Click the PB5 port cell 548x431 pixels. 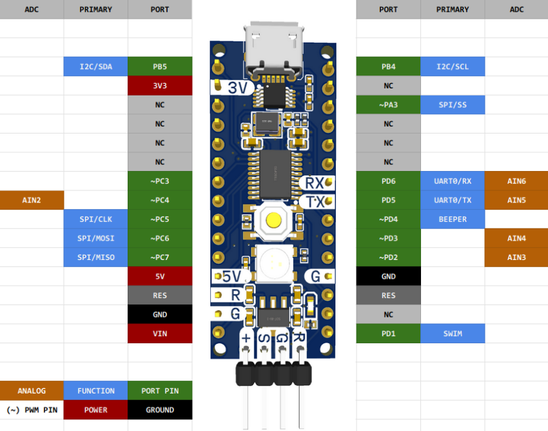(160, 66)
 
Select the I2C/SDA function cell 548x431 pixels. (95, 66)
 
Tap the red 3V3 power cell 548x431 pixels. (160, 85)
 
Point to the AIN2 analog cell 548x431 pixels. (32, 200)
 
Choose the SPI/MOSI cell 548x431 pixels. (95, 238)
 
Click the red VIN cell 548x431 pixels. (160, 334)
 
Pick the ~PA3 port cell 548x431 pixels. (388, 105)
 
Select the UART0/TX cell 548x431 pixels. (453, 200)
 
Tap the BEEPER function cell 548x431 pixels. (453, 219)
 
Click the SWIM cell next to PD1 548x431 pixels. (453, 334)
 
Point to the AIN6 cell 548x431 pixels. (516, 181)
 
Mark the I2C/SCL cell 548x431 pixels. (453, 66)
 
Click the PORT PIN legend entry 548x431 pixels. (160, 390)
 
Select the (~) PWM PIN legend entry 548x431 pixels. (32, 410)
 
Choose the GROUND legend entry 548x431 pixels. (160, 410)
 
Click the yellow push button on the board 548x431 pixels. (274, 220)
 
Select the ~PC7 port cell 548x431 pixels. (160, 257)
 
